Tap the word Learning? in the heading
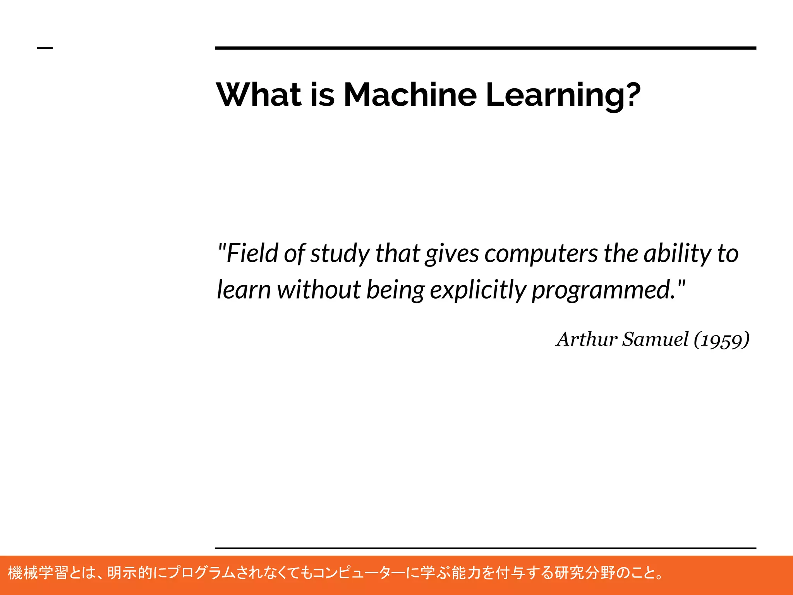click(563, 95)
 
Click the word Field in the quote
click(252, 253)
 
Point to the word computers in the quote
click(541, 254)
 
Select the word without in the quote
click(319, 290)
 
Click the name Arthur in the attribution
click(587, 339)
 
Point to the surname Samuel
click(655, 339)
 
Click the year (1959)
click(721, 340)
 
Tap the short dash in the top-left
click(45, 48)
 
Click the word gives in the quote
click(452, 254)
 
